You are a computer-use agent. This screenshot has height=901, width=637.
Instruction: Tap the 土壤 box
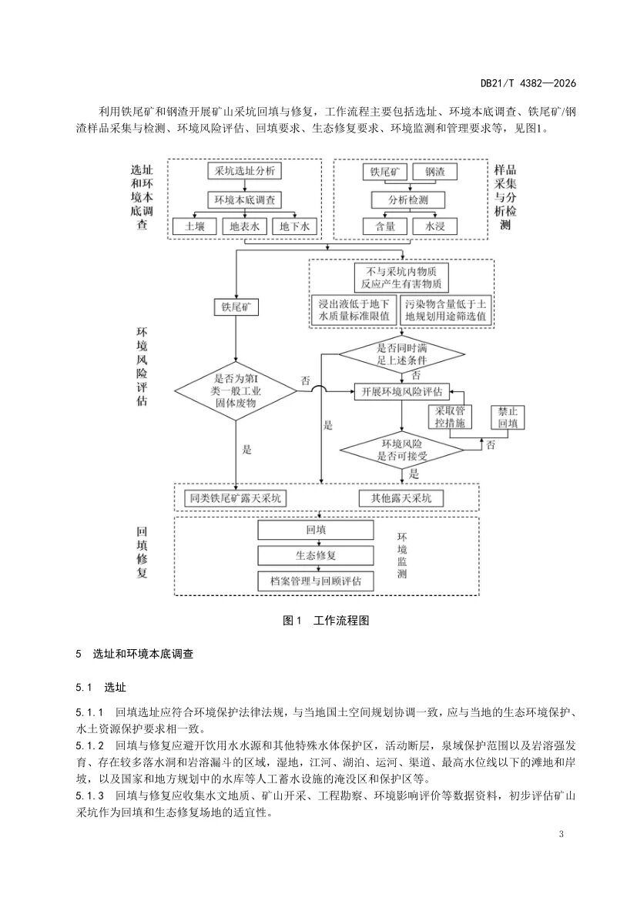pyautogui.click(x=194, y=226)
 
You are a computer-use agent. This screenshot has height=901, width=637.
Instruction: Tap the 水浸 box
pyautogui.click(x=435, y=226)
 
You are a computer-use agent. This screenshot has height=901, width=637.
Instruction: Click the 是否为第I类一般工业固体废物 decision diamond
pyautogui.click(x=235, y=391)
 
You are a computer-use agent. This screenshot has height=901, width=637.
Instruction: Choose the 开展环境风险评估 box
pyautogui.click(x=401, y=391)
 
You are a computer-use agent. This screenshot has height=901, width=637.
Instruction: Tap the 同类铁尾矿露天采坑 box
pyautogui.click(x=236, y=498)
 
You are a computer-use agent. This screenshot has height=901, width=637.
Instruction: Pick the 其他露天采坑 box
pyautogui.click(x=401, y=498)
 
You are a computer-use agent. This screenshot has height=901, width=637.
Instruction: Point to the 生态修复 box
pyautogui.click(x=315, y=554)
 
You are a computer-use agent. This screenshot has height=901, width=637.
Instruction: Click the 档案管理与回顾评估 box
pyautogui.click(x=315, y=579)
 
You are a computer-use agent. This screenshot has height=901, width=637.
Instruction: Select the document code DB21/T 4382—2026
pyautogui.click(x=528, y=83)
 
